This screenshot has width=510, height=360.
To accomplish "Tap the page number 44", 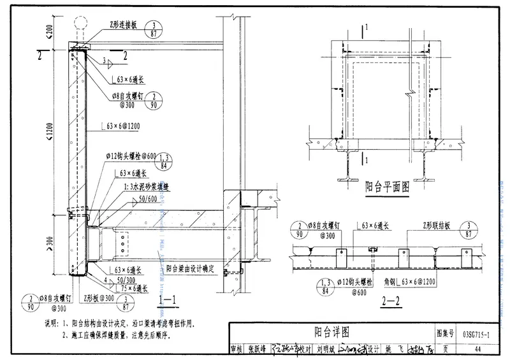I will point(477,349).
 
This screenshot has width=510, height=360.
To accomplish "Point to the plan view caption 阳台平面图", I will point(386,188).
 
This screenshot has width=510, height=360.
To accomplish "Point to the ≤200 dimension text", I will point(50,28).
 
